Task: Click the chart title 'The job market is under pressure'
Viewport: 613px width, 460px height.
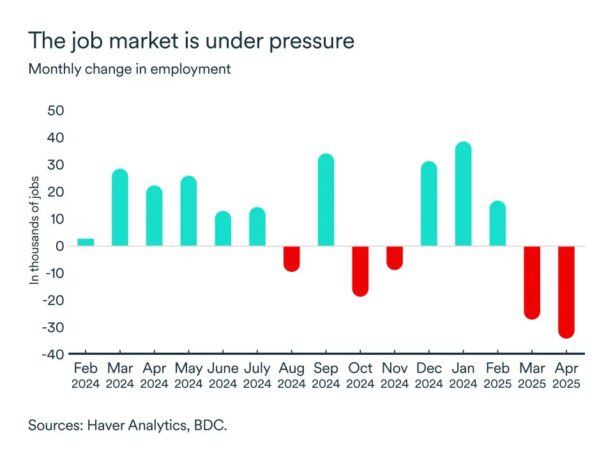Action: [191, 41]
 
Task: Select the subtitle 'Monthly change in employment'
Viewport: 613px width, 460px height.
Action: [130, 69]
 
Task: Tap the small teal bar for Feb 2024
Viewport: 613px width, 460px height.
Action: [86, 242]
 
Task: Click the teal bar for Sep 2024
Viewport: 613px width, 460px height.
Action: [326, 200]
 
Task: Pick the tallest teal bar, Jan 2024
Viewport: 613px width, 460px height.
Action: [463, 194]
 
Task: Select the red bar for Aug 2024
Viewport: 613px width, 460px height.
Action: [291, 258]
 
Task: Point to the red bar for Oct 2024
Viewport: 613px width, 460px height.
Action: [360, 271]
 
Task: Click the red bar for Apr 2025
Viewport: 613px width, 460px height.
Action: [566, 292]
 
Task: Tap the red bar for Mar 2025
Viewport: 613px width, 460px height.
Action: [532, 282]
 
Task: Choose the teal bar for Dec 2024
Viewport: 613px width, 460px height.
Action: [429, 204]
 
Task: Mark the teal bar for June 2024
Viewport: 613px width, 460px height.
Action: [223, 228]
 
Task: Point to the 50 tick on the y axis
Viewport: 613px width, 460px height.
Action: [56, 111]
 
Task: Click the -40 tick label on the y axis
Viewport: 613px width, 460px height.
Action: [53, 355]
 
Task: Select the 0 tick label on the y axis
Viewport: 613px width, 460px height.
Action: [60, 246]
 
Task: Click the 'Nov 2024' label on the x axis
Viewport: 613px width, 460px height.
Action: [395, 375]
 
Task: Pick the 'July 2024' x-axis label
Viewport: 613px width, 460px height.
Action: [257, 375]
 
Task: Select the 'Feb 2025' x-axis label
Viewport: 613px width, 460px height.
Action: [497, 375]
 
